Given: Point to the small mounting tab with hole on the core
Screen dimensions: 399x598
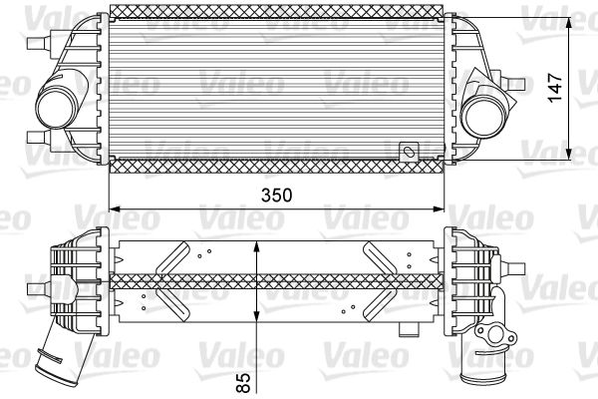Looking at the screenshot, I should [408, 153].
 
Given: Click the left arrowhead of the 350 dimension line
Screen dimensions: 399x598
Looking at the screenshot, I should [114, 209].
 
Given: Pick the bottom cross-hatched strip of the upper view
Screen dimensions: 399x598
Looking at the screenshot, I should [275, 166].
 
